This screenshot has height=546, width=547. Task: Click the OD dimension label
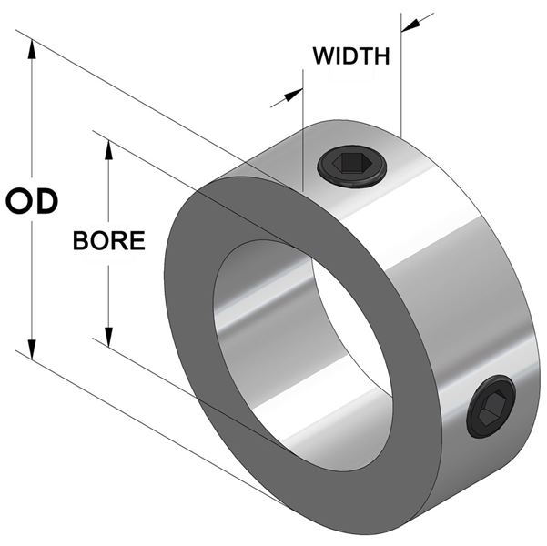[32, 201]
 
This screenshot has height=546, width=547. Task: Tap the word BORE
[109, 240]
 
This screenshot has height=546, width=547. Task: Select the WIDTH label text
[351, 56]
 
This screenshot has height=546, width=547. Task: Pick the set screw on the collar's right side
[491, 407]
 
